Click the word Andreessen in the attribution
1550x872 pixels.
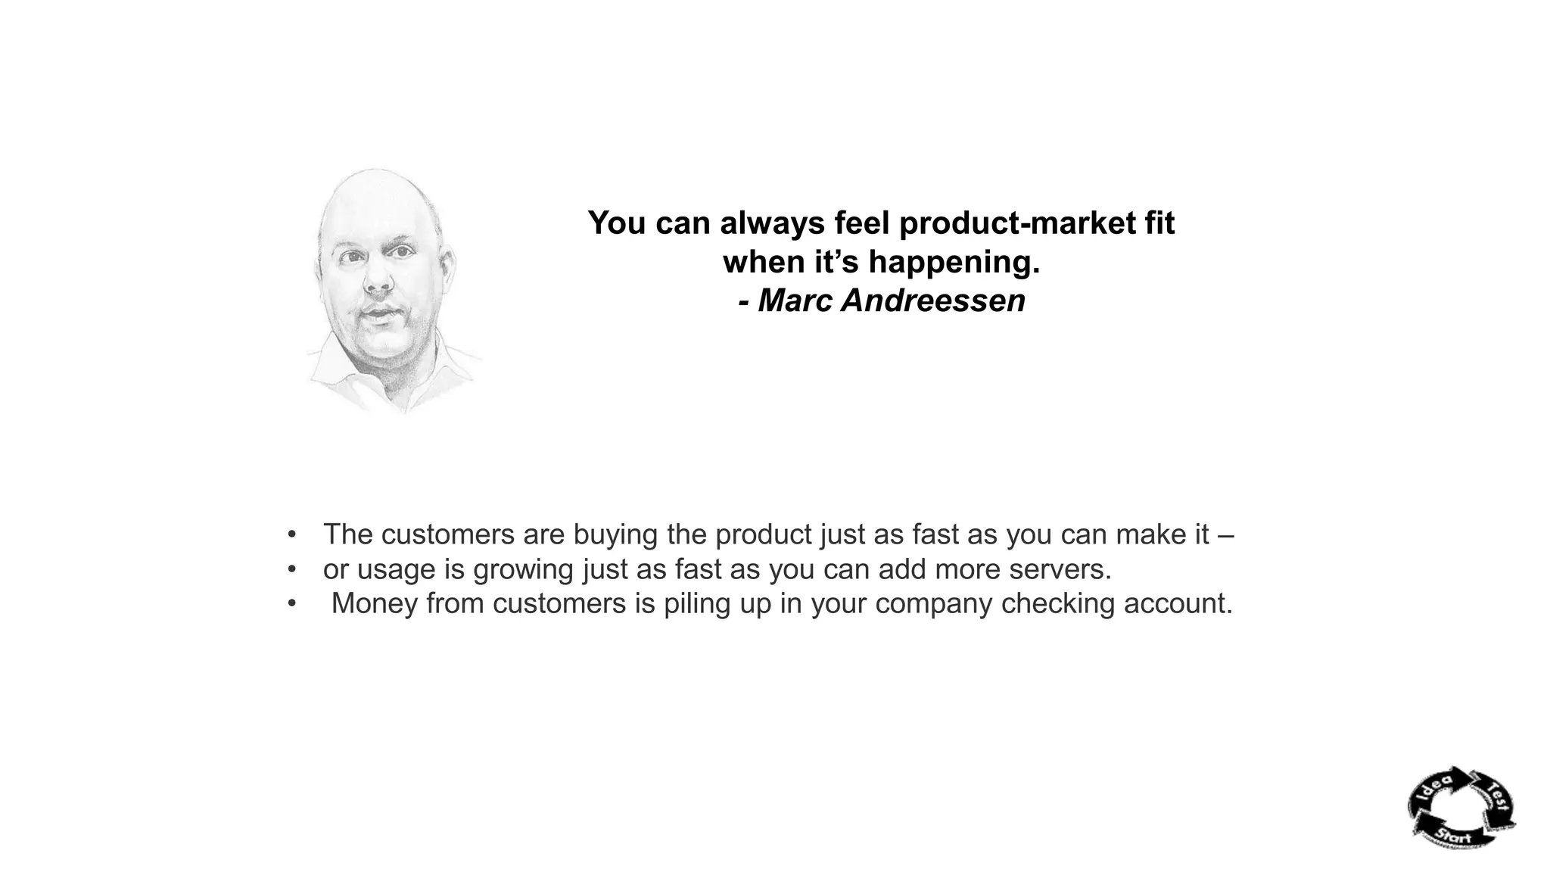[933, 301]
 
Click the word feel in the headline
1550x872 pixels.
[861, 223]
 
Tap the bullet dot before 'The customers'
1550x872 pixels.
[291, 534]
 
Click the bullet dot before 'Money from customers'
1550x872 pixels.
[291, 603]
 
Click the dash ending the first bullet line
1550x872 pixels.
[1226, 534]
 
